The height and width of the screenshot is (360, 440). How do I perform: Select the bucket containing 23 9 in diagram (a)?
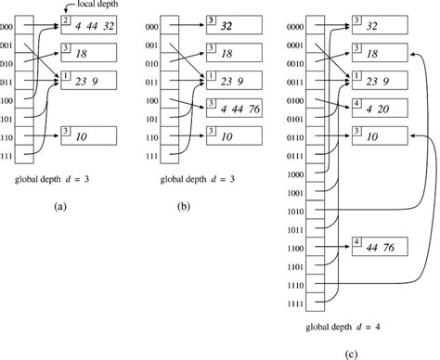tap(87, 82)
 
